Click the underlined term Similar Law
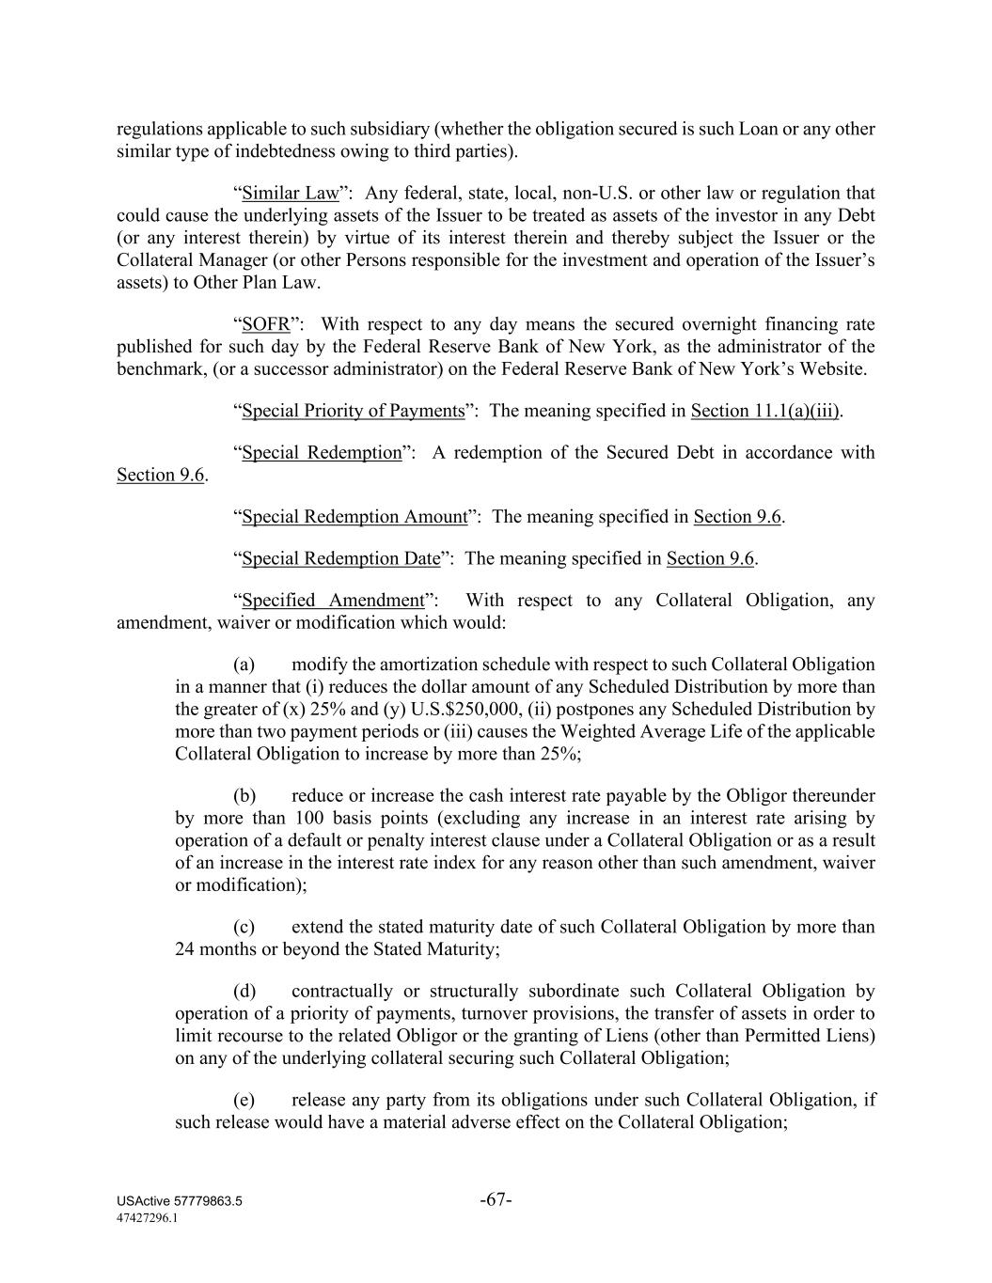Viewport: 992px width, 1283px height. point(290,194)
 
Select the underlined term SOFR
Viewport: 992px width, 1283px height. point(265,325)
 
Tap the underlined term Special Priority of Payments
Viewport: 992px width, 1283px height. point(353,411)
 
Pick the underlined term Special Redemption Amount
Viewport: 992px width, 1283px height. point(354,517)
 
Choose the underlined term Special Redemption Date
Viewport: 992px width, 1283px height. point(340,558)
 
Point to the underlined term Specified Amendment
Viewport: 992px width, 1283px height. point(333,601)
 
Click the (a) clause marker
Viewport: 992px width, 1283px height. point(244,665)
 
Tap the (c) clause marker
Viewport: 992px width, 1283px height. point(244,927)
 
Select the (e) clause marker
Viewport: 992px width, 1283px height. point(244,1100)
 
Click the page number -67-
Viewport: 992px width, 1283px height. point(496,1200)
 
